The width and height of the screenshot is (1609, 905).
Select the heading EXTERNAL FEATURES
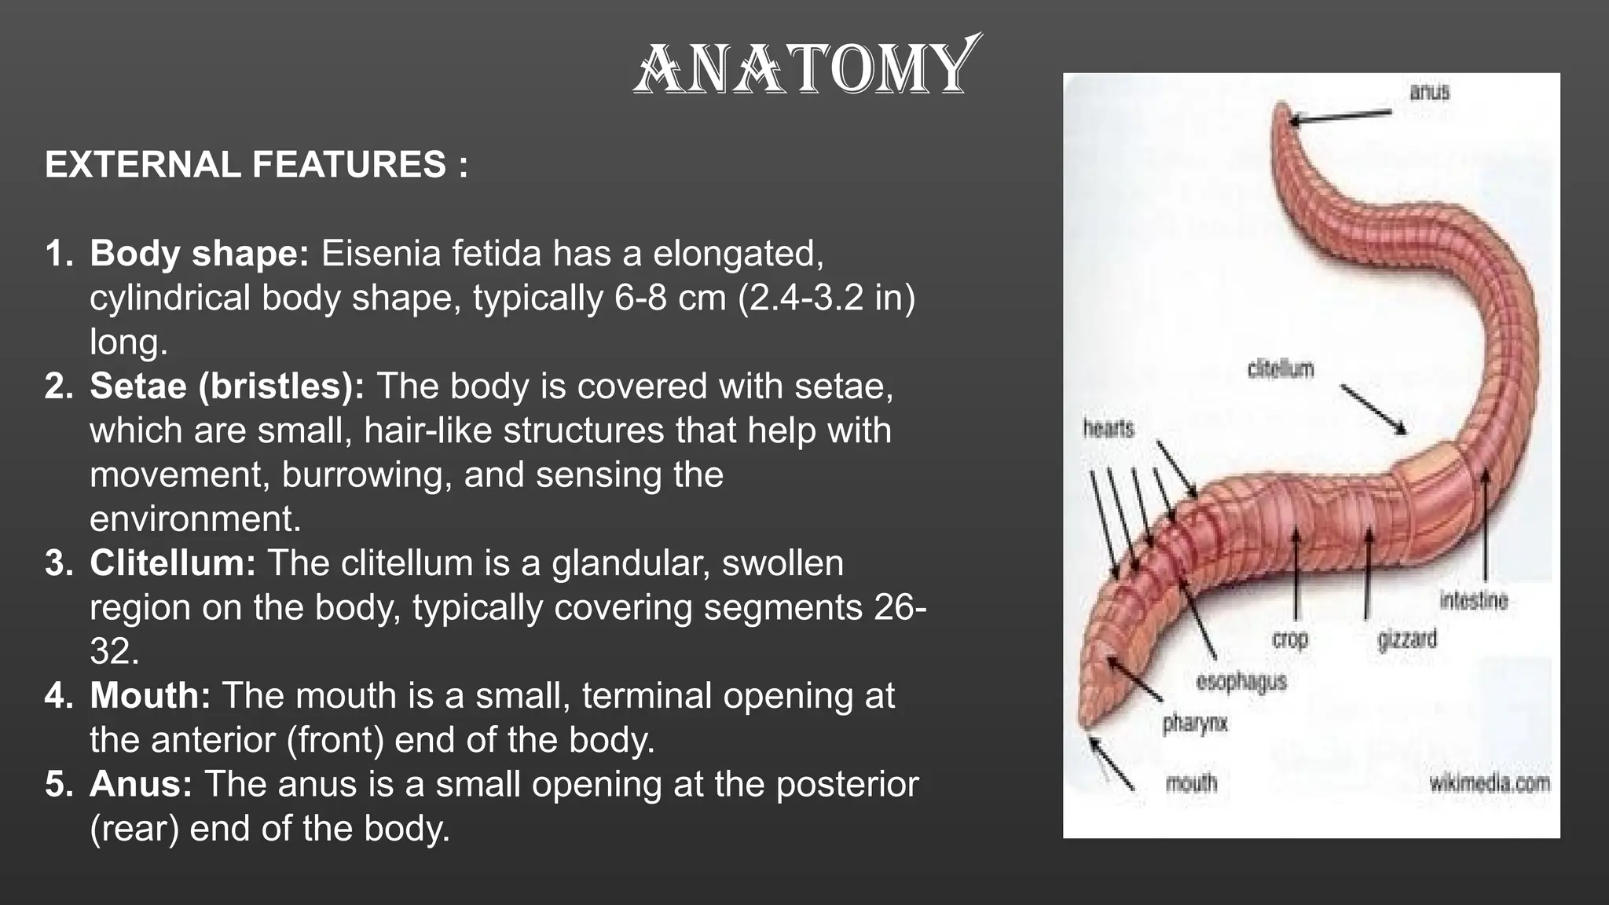pos(256,165)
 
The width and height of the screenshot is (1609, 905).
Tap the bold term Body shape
pos(200,254)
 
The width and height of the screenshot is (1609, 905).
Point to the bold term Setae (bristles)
pos(227,387)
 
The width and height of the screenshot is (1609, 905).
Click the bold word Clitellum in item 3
pos(173,563)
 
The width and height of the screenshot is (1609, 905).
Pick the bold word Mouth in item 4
pos(150,696)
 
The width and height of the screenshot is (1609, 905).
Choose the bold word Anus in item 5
pos(141,784)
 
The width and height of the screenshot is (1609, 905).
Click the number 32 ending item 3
pos(113,652)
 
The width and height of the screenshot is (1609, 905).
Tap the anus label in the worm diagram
pos(1429,92)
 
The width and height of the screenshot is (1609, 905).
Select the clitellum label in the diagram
pos(1281,369)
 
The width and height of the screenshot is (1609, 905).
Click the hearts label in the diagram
pos(1109,429)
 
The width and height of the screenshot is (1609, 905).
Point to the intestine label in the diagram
pos(1474,601)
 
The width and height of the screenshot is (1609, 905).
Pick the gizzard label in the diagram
pos(1407,639)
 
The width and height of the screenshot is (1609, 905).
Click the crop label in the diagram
pos(1290,639)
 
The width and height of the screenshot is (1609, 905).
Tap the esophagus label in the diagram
pos(1241,681)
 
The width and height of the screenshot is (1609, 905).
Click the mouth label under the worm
pos(1191,782)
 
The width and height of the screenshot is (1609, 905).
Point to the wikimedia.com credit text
pos(1490,783)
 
